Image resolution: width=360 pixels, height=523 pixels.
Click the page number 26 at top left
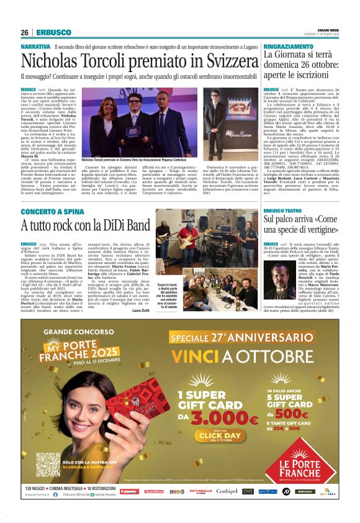click(24, 32)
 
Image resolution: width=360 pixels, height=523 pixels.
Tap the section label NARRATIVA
click(35, 47)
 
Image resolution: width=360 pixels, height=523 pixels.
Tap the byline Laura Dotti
click(140, 309)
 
